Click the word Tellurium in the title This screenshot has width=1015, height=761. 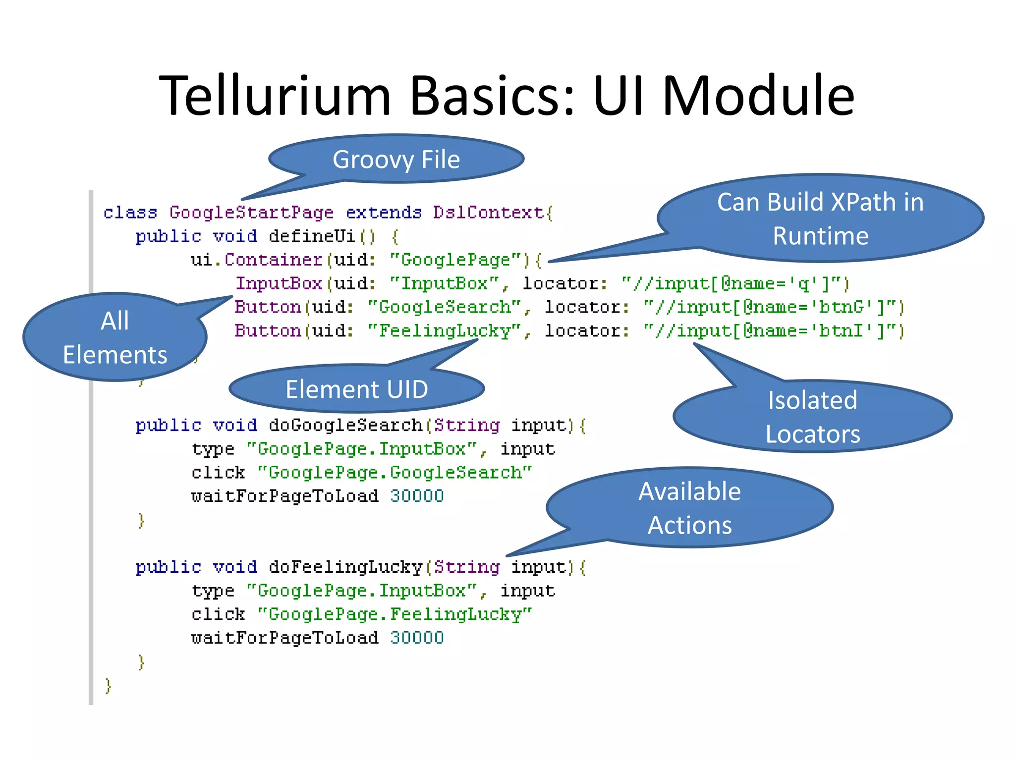tap(275, 95)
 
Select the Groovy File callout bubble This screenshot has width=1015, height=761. tap(396, 160)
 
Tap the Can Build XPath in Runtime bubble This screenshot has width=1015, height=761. tap(820, 218)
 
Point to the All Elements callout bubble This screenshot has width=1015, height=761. tap(115, 337)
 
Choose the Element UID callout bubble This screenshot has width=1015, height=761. tap(356, 389)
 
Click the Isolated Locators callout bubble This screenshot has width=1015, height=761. tap(812, 417)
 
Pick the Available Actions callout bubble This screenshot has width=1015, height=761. tap(689, 508)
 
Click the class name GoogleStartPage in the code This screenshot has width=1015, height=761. tap(251, 213)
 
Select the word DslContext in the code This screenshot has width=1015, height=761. tap(488, 213)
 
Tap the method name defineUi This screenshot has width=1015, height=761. tap(312, 236)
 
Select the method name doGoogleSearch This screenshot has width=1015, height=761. tap(345, 426)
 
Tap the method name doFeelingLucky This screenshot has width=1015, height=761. tap(345, 567)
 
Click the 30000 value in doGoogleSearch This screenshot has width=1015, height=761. tap(417, 496)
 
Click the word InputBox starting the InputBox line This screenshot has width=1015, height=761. tap(279, 284)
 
